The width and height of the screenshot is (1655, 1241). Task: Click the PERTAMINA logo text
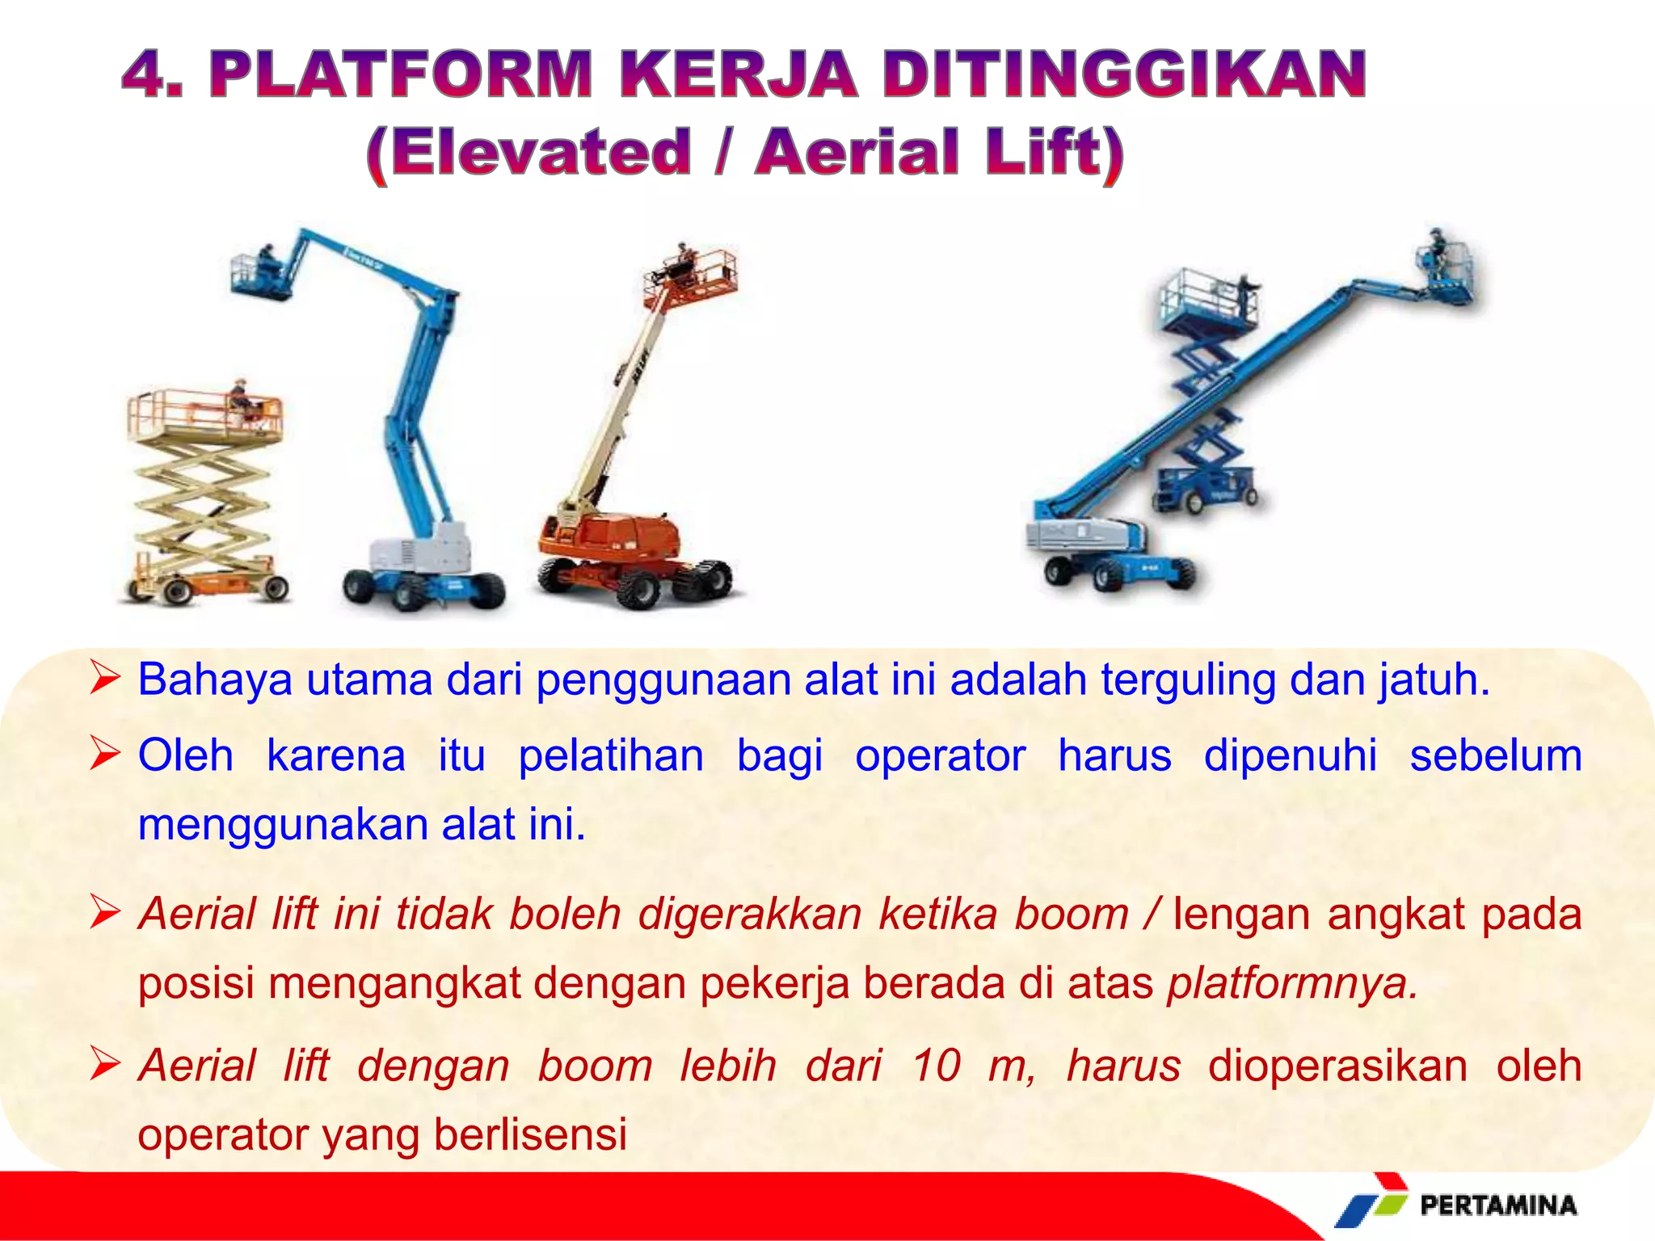click(x=1498, y=1205)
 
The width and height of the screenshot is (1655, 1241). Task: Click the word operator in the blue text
click(x=940, y=756)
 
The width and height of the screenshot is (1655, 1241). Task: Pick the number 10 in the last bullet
click(x=936, y=1065)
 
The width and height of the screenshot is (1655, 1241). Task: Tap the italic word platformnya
click(x=1291, y=983)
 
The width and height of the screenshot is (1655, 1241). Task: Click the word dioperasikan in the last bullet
click(x=1337, y=1065)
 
